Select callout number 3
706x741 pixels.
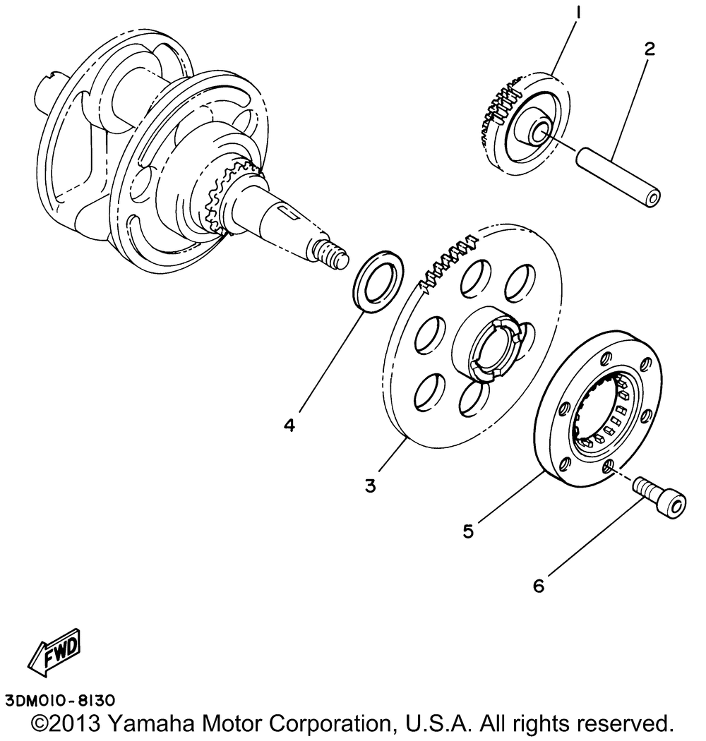coord(369,485)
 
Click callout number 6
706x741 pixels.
coord(539,586)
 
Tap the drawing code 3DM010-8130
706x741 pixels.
coord(60,701)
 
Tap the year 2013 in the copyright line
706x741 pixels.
coord(76,724)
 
